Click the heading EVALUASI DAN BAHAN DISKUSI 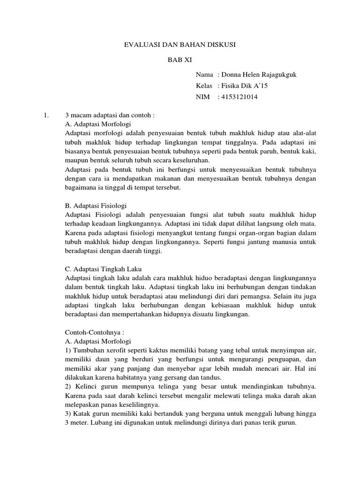tap(180, 45)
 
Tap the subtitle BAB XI tap(180, 60)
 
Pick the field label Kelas tap(204, 86)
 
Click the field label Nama tap(205, 75)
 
